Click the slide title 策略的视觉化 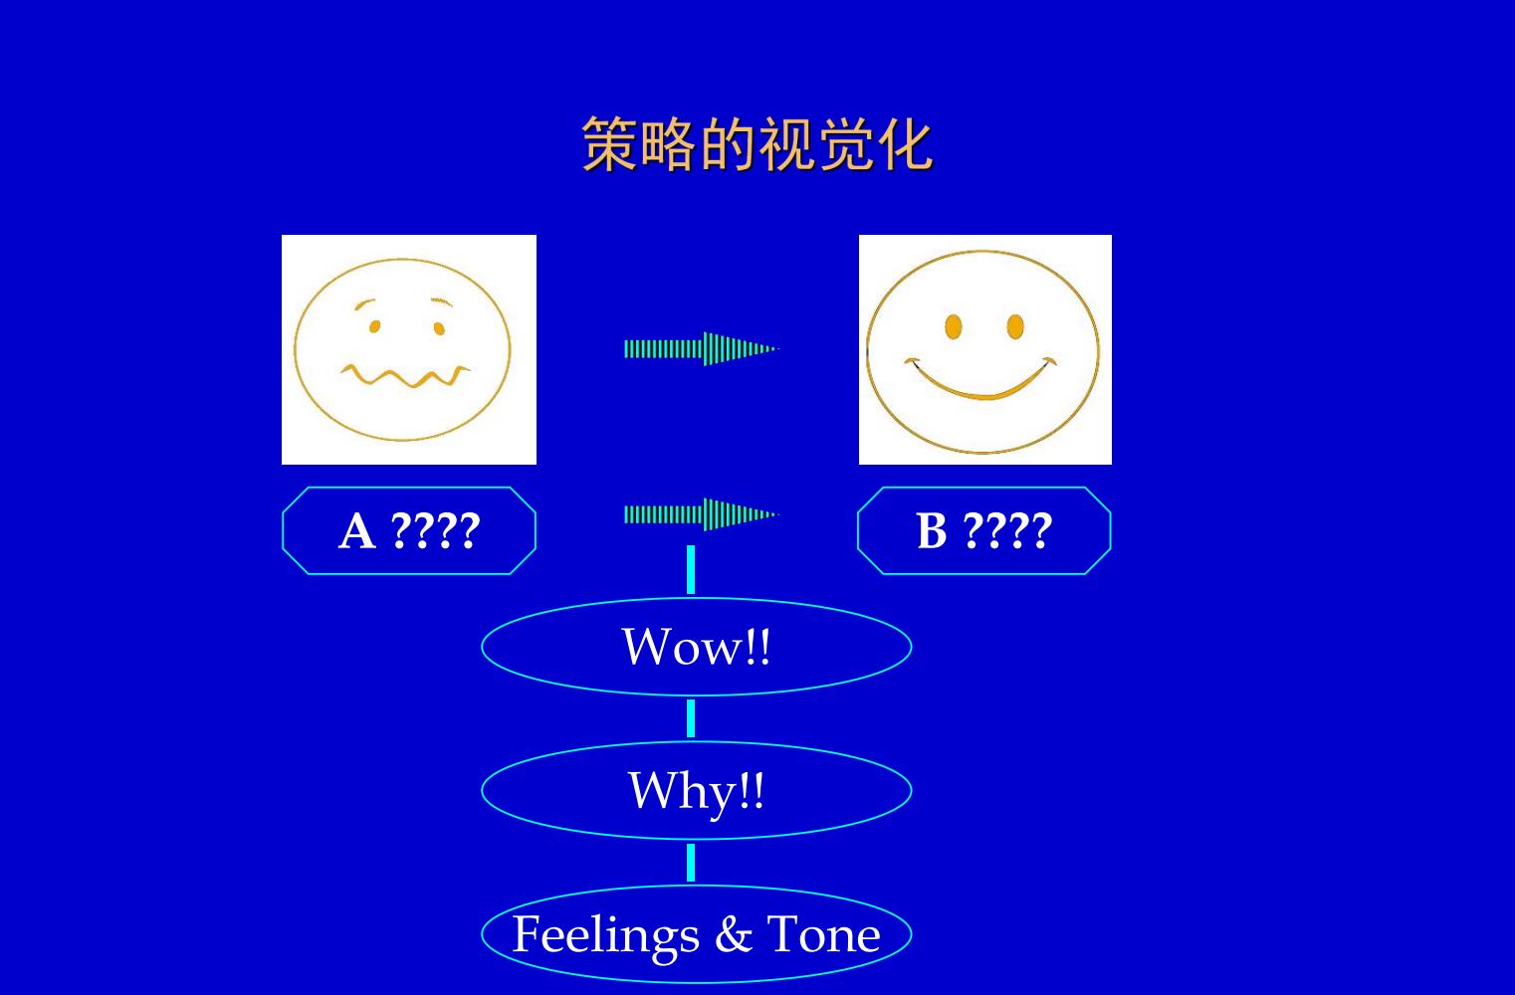click(x=757, y=143)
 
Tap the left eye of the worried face click(x=374, y=326)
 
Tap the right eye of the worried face click(x=439, y=328)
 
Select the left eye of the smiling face click(x=954, y=326)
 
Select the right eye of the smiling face click(x=1015, y=326)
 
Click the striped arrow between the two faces click(x=702, y=349)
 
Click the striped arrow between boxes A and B click(x=702, y=515)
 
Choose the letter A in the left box click(x=357, y=531)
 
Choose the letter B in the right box click(x=932, y=531)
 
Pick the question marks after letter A click(x=436, y=531)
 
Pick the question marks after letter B click(x=1007, y=531)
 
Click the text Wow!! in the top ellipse click(x=696, y=647)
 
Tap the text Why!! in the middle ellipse click(x=697, y=791)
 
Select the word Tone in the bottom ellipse click(x=823, y=935)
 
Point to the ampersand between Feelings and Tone click(x=734, y=935)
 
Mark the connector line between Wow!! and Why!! click(x=691, y=717)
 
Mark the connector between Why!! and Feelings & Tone click(x=691, y=863)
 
